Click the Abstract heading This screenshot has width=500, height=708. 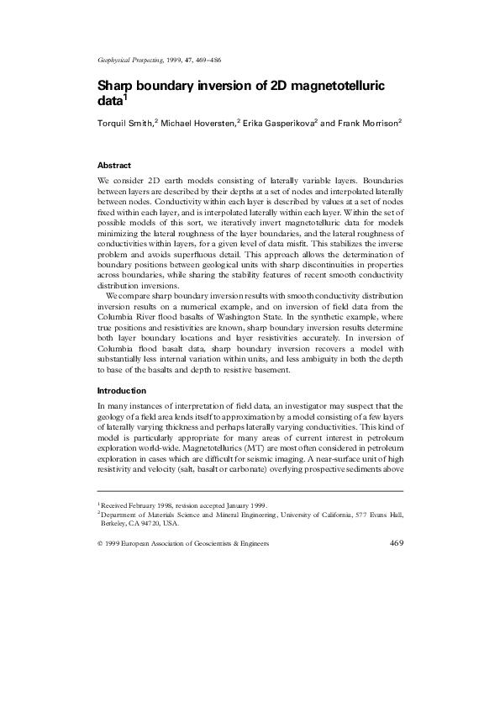[x=114, y=165]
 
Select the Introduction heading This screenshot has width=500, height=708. [x=122, y=390]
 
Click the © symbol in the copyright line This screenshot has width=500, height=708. [x=100, y=544]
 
